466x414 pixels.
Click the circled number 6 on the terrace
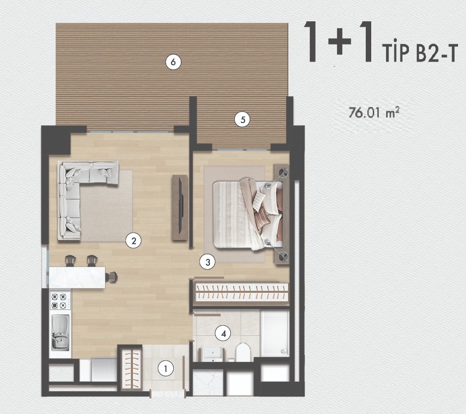[173, 62]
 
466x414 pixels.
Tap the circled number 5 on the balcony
[242, 119]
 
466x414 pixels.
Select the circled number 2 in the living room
[133, 240]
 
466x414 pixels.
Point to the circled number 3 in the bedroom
[207, 262]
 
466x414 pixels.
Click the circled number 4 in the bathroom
[223, 333]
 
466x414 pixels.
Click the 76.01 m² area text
[374, 113]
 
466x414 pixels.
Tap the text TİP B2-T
[419, 54]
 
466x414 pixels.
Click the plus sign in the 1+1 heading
[339, 42]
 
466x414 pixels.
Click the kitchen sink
[61, 332]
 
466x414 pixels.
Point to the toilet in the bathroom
[243, 352]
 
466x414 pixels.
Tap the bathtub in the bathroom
[275, 333]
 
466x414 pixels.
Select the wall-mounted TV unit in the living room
[180, 208]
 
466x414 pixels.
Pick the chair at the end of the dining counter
[112, 277]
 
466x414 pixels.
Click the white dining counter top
[77, 277]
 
